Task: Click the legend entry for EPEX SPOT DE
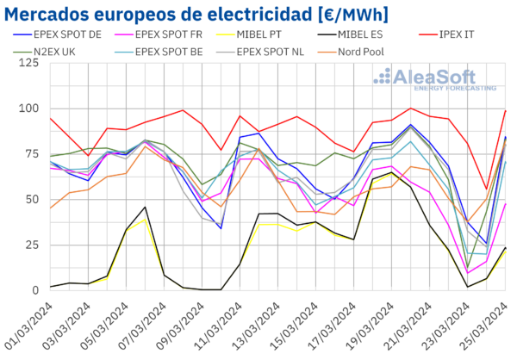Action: coord(58,34)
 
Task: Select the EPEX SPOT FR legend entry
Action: coord(159,34)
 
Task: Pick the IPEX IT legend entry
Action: coord(446,34)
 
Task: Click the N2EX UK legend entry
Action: coord(45,52)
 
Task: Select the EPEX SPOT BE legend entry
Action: coord(159,52)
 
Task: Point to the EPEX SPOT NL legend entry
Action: coord(260,52)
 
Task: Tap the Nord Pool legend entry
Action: coord(351,52)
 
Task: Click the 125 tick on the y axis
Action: coord(28,63)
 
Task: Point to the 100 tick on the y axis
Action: coord(28,109)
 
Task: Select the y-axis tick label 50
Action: coord(32,200)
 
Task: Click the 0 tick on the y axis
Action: coord(35,290)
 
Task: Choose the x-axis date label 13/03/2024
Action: coord(255,326)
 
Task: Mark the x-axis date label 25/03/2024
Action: coord(483,326)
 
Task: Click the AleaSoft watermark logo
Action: coord(434,79)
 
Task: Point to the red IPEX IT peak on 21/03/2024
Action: coord(410,109)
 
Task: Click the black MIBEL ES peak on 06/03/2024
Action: coord(145,207)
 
